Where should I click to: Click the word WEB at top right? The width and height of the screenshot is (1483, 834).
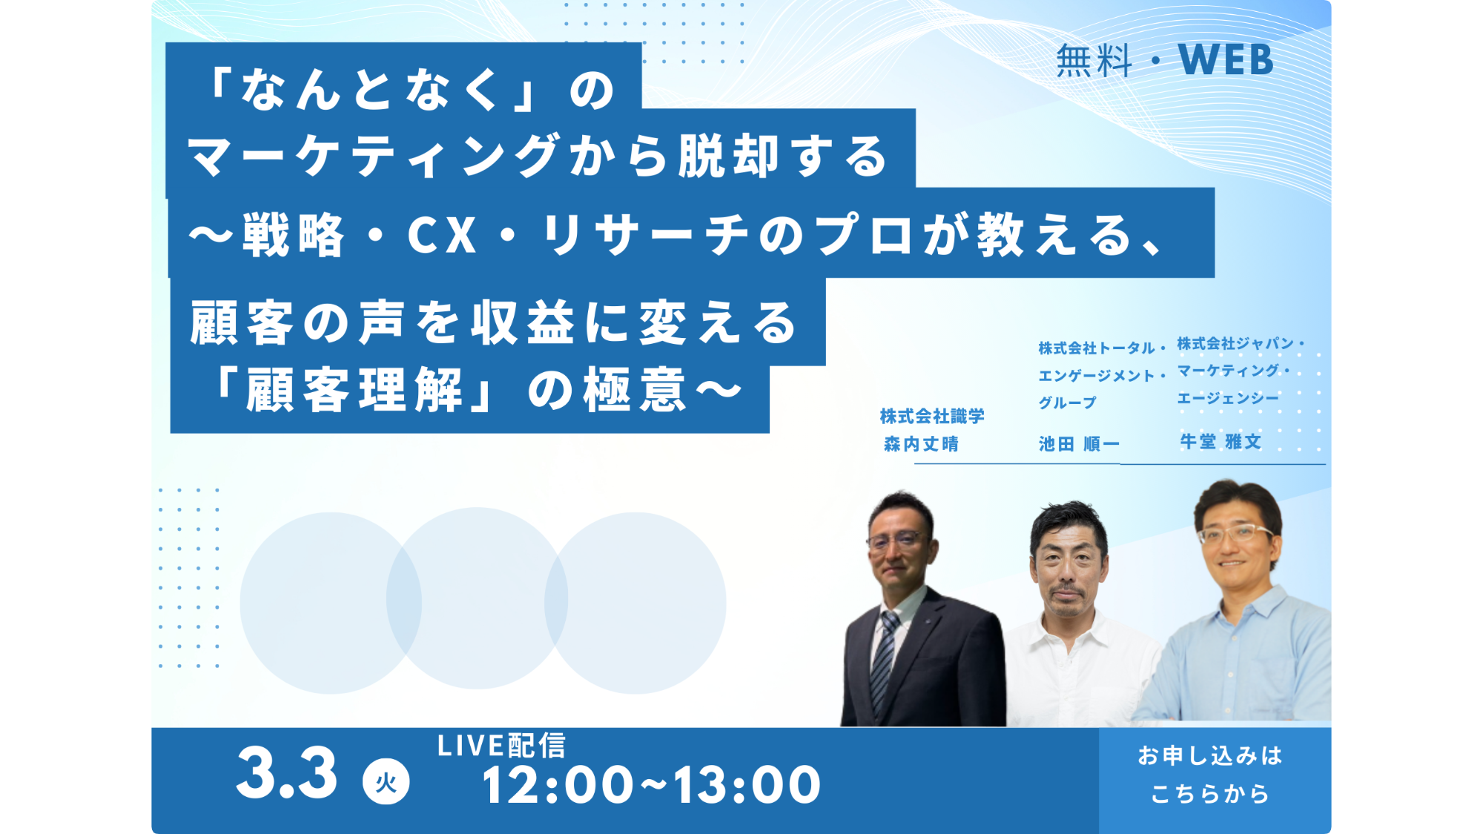coord(1225,60)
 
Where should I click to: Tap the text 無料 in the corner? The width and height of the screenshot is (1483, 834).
coord(1094,61)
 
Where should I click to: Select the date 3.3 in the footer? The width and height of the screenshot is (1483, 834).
coord(287,774)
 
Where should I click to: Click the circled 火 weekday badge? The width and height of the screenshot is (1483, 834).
coord(386,782)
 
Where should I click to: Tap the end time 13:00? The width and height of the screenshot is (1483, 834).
coord(747,785)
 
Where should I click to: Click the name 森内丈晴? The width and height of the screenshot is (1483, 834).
coord(921,444)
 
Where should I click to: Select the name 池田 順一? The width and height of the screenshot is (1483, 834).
coord(1079,444)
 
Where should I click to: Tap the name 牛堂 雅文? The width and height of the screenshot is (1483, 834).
coord(1221,442)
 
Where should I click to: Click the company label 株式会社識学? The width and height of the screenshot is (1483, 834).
coord(932,417)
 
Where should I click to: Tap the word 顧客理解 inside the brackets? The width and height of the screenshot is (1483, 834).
coord(354,391)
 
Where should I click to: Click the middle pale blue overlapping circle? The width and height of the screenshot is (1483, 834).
coord(478,598)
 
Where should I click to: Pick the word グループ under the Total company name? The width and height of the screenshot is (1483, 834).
coord(1067,403)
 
